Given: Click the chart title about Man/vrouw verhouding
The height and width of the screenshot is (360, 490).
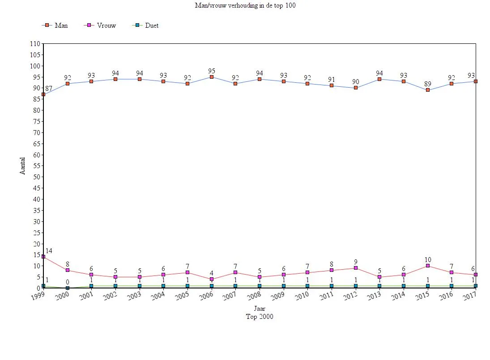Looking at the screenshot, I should coord(245,5).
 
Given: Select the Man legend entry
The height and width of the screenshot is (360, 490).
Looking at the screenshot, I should coord(55,25).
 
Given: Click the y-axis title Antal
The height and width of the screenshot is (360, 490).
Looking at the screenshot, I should coord(23,165).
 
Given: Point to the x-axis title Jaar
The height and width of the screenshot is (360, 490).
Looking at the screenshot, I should coord(260,309).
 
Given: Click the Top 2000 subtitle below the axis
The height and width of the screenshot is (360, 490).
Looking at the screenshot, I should coord(260,317).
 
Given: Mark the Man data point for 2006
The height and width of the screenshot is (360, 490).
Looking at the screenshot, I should coord(212,77).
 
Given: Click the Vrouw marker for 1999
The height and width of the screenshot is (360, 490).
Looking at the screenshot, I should coord(43,257).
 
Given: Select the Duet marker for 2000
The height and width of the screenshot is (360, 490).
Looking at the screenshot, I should coord(68,288).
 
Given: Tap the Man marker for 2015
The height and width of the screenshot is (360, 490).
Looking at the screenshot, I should coord(428,90).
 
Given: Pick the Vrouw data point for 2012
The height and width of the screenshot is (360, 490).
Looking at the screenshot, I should coord(356,268).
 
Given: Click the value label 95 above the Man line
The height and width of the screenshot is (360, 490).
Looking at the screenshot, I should coord(212,71).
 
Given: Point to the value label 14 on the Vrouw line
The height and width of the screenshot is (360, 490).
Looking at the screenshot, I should coord(49,251).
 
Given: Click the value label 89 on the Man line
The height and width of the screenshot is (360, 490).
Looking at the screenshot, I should coord(428,84).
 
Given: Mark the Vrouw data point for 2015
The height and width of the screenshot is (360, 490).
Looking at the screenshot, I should coord(428,266).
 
